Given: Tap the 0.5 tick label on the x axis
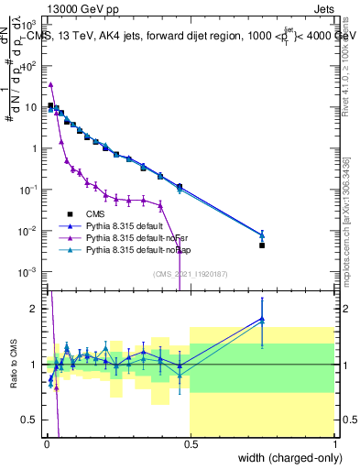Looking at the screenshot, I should click(191, 444).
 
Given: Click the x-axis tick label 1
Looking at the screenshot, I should click(335, 444).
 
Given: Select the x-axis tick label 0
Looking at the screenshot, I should click(46, 444).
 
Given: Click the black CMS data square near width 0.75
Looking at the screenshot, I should click(262, 245).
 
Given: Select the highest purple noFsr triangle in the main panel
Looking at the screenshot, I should click(50, 84).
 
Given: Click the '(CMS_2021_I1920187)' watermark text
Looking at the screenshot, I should click(190, 274).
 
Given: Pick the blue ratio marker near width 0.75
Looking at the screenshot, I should click(262, 319).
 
